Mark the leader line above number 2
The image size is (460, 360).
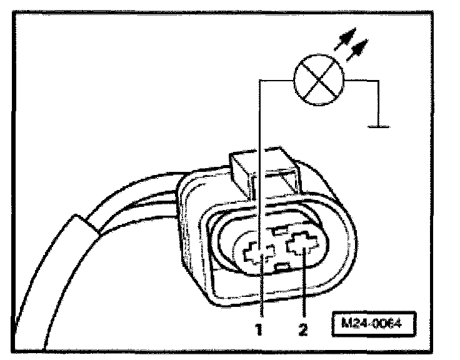pos(304,287)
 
